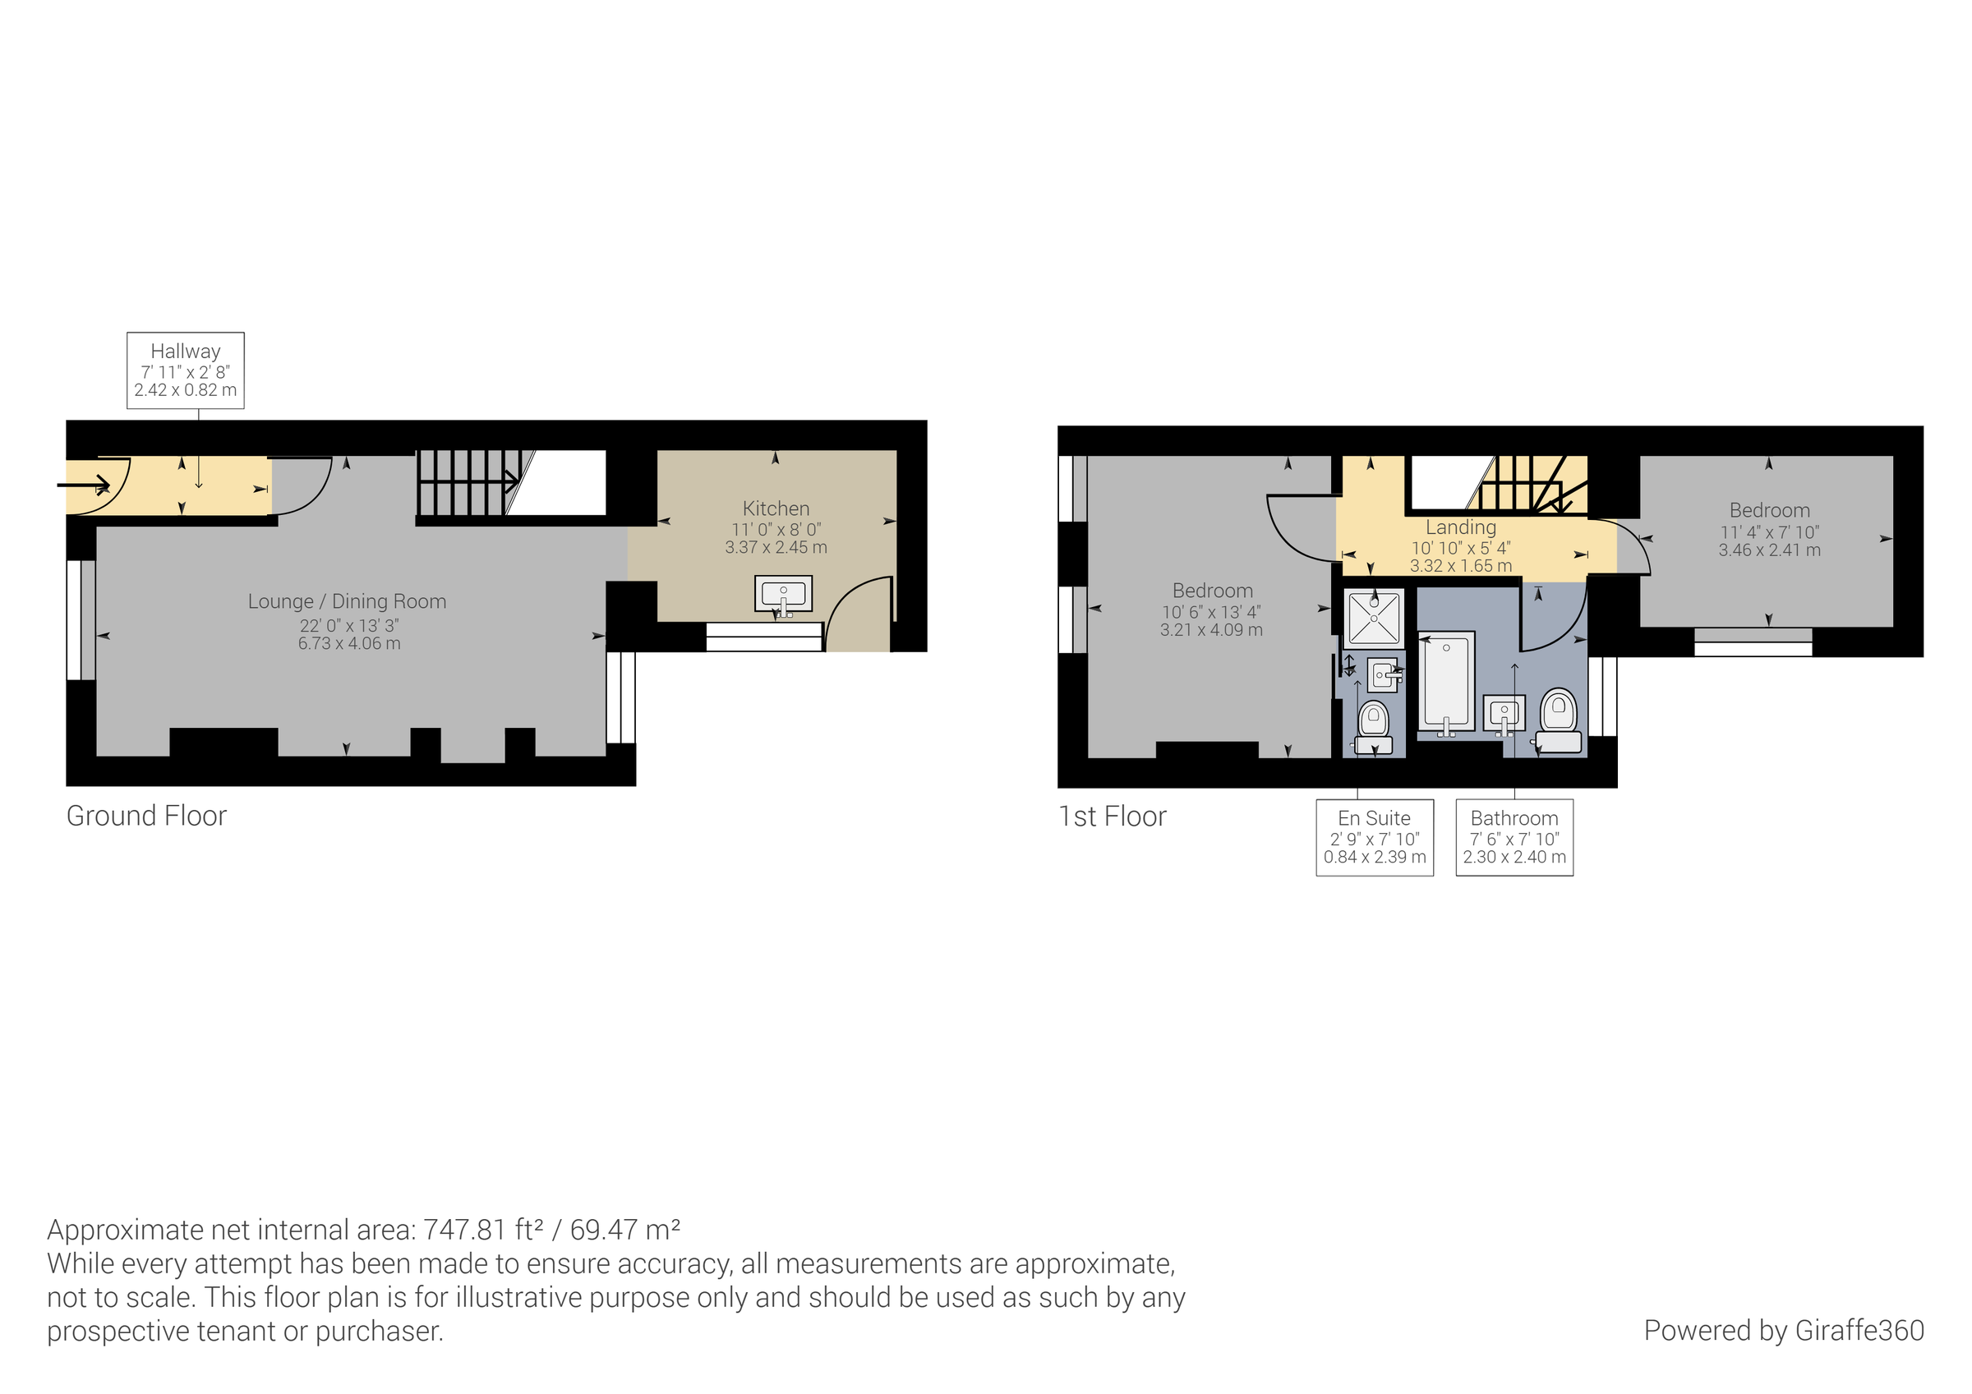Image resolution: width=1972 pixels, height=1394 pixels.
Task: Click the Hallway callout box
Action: click(186, 370)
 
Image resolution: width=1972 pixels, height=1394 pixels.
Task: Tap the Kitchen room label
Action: click(776, 508)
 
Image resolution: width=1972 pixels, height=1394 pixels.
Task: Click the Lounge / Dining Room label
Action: click(347, 601)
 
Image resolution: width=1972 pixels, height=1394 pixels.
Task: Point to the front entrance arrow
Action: click(84, 485)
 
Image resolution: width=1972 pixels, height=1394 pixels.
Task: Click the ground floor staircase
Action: click(469, 483)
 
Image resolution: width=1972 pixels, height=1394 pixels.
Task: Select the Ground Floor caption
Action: click(146, 815)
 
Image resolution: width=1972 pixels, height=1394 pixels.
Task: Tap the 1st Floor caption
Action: click(1113, 816)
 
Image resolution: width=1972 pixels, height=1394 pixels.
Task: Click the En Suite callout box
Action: click(1374, 837)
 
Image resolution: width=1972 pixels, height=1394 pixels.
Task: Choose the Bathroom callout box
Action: click(1514, 837)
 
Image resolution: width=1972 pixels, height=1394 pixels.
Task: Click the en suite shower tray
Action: click(1373, 619)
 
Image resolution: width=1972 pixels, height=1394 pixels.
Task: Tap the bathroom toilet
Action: click(1558, 721)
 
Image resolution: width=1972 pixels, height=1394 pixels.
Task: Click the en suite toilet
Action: click(1373, 726)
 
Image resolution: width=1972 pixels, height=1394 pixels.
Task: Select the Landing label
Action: click(1460, 527)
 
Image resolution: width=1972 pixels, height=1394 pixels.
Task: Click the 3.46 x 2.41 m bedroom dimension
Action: click(1769, 550)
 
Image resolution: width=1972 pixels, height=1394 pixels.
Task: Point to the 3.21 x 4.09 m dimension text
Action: click(1211, 630)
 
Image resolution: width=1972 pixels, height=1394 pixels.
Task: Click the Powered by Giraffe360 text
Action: click(1783, 1331)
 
